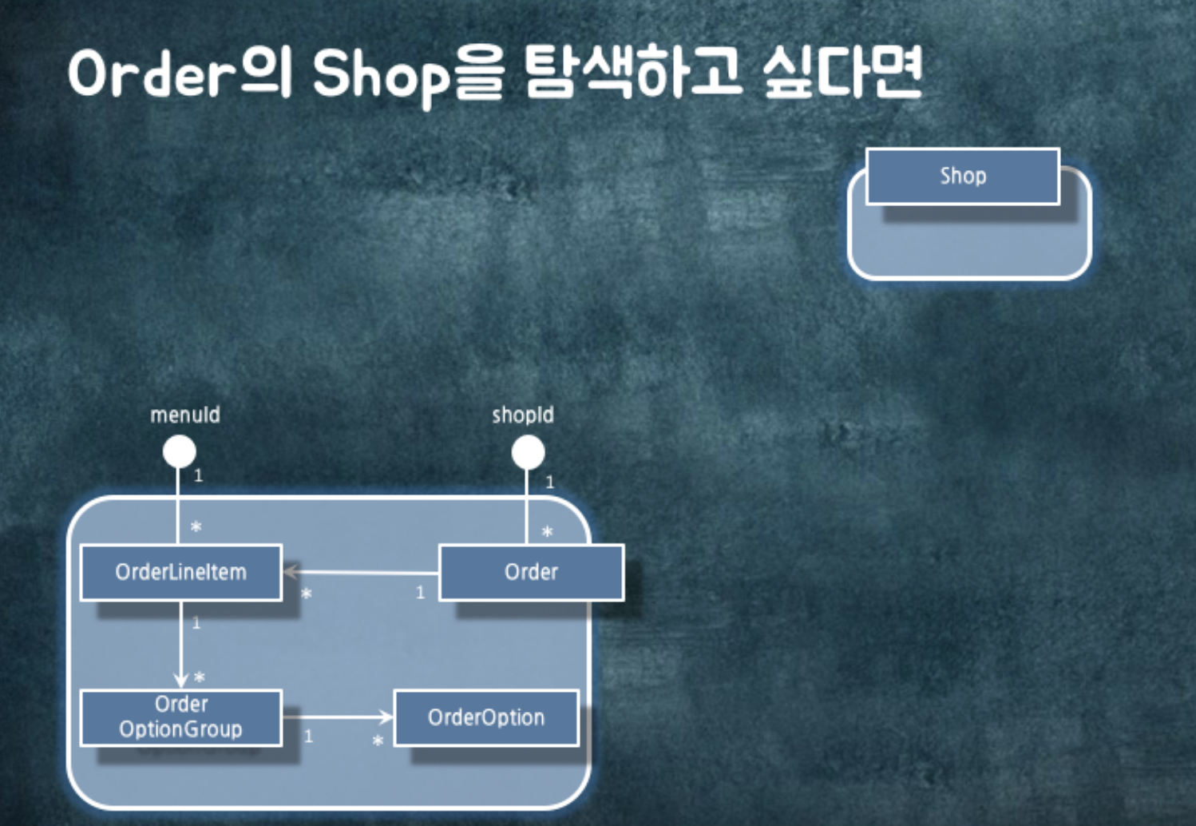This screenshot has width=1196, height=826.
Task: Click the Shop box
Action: pos(962,177)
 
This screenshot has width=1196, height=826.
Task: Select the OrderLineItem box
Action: pos(181,572)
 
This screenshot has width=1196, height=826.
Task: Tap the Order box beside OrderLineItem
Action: pos(531,572)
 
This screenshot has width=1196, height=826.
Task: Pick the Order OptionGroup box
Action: pos(181,717)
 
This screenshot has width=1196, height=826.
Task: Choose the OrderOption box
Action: pos(486,717)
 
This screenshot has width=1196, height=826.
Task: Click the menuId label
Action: pos(185,415)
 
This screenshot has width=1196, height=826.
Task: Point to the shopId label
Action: pos(523,415)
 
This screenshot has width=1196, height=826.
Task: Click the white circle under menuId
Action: pos(180,451)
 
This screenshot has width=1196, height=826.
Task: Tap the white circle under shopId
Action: pos(528,453)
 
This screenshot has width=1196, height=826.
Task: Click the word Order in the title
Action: pos(151,73)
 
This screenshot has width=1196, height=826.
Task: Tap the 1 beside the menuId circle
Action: pos(199,476)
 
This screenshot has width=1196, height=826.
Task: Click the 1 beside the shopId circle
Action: pos(549,482)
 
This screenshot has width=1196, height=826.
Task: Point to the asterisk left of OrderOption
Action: pos(378,741)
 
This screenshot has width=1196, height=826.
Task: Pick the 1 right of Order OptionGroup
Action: pos(309,737)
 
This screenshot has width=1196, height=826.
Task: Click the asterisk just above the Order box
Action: pos(547,532)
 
